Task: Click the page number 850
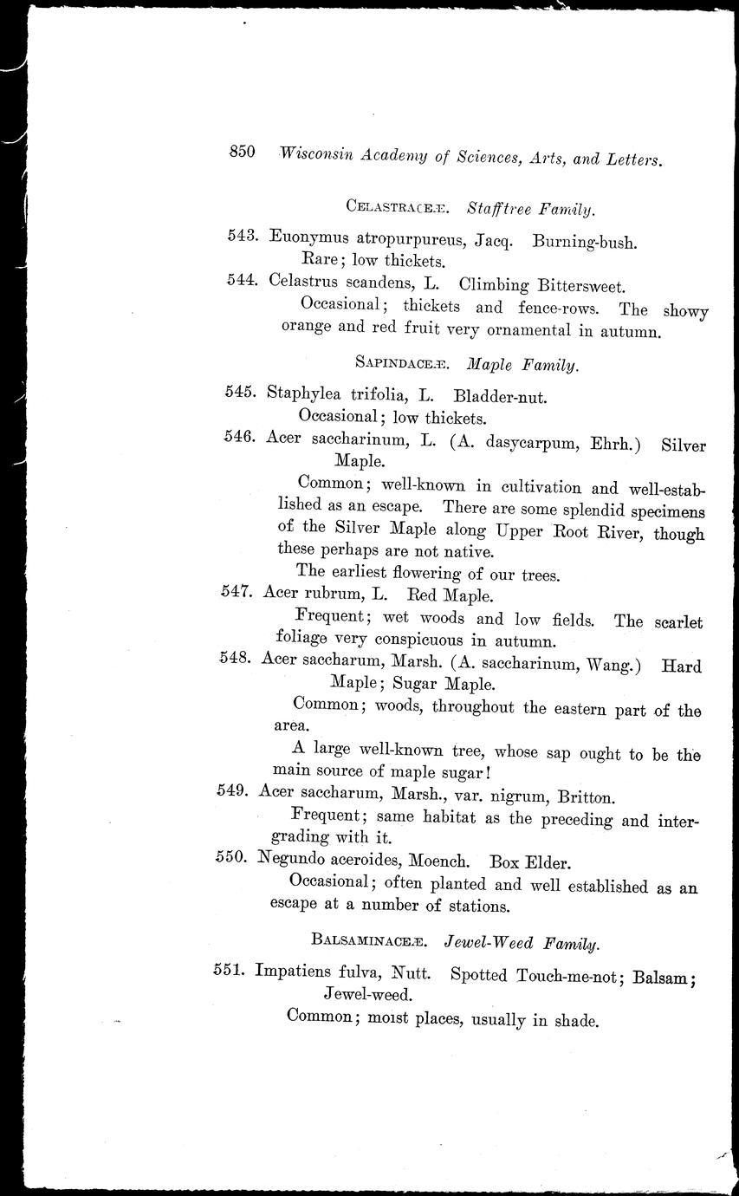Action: click(242, 152)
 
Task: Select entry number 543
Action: click(239, 236)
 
